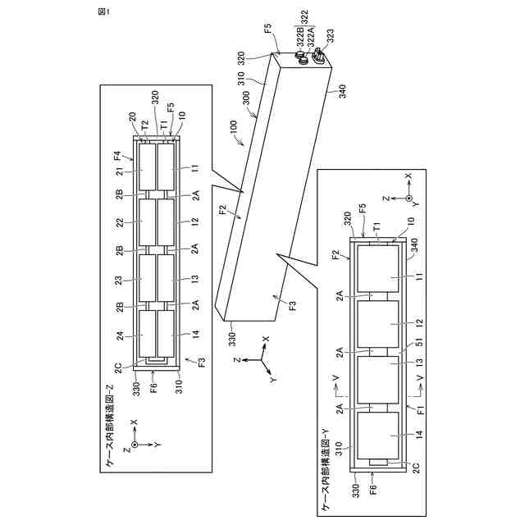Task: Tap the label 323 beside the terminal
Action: tap(329, 37)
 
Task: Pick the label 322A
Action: tap(315, 37)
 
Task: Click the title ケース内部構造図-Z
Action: tap(110, 434)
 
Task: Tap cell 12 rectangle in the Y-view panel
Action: tap(377, 324)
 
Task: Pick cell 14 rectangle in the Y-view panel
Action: tap(377, 436)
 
